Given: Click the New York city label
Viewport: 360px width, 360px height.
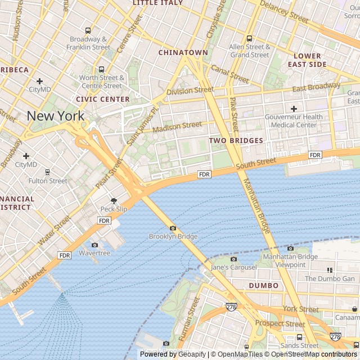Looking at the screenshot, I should (56, 116).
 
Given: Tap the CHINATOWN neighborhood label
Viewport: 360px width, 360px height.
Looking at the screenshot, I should (183, 52).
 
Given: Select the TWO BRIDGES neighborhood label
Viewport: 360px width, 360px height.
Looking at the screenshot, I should (236, 141).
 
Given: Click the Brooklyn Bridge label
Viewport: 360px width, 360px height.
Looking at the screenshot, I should (173, 237).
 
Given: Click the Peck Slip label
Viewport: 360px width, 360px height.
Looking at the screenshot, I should (114, 209).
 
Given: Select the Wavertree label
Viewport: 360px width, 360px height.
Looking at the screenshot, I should (94, 253).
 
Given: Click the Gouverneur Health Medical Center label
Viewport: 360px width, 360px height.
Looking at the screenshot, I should (294, 120).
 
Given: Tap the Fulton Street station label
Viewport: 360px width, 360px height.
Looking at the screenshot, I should (48, 181).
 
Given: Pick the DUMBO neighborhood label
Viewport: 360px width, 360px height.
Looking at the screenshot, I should (263, 286).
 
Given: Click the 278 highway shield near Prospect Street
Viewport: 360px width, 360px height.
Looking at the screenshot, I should (231, 307).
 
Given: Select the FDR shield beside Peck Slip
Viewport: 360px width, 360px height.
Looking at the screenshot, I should (104, 220).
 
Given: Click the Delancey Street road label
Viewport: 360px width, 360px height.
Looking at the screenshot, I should (283, 12).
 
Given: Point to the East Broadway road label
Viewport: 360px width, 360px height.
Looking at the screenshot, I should (316, 88).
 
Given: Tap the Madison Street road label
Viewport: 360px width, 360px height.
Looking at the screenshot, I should (177, 128).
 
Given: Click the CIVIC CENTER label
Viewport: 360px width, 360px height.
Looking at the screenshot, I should (102, 99).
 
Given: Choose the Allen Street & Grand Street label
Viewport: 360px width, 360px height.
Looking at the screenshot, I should (250, 51).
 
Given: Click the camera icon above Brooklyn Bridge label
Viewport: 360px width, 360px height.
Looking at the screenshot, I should (173, 228).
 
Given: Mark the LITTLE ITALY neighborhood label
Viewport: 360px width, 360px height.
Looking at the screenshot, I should (158, 3).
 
